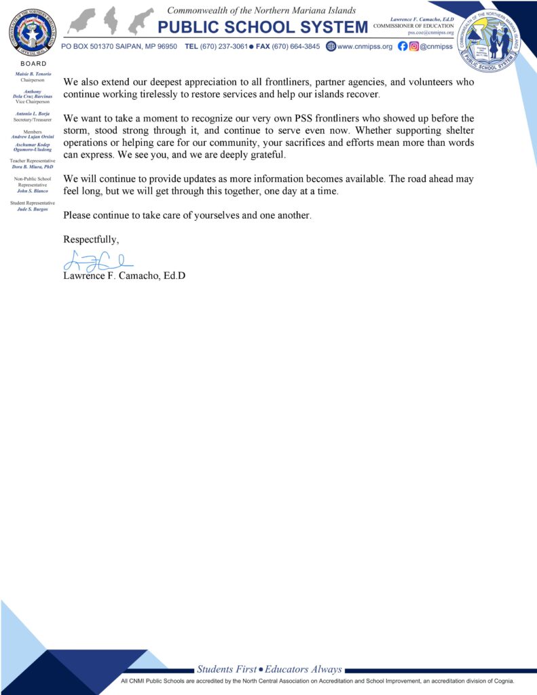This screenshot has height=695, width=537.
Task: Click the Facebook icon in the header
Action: click(x=403, y=47)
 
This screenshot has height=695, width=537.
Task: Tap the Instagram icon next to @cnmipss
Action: click(x=413, y=47)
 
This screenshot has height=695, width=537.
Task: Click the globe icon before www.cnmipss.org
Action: click(x=331, y=47)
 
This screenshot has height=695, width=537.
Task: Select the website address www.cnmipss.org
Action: click(x=365, y=47)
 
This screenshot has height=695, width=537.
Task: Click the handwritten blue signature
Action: click(x=98, y=259)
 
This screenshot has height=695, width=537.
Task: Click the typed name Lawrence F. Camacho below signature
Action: click(x=124, y=276)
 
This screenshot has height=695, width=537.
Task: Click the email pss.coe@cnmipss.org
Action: click(x=430, y=33)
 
